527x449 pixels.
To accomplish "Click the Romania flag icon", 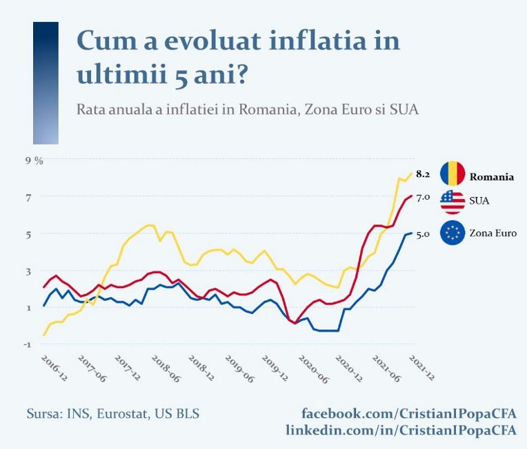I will [x=453, y=173].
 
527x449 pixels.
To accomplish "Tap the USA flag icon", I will [x=453, y=200].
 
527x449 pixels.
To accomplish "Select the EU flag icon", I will [x=453, y=233].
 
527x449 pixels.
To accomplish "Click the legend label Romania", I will [x=492, y=177].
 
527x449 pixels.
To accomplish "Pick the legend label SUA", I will [x=480, y=200].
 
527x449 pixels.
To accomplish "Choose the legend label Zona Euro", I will [x=493, y=233].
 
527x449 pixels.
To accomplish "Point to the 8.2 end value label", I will [x=423, y=174].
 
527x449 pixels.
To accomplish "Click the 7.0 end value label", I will [x=423, y=198].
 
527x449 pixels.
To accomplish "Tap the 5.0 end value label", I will [x=423, y=234].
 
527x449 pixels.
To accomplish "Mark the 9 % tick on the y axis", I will [x=34, y=160].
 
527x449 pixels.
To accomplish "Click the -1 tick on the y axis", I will [x=28, y=344].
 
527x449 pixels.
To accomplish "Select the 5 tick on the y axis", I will [x=29, y=233].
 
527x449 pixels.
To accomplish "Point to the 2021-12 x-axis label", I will [x=421, y=368].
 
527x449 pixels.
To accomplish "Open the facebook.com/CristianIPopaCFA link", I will [x=408, y=413].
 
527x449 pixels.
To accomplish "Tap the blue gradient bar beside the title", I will [x=46, y=83].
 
